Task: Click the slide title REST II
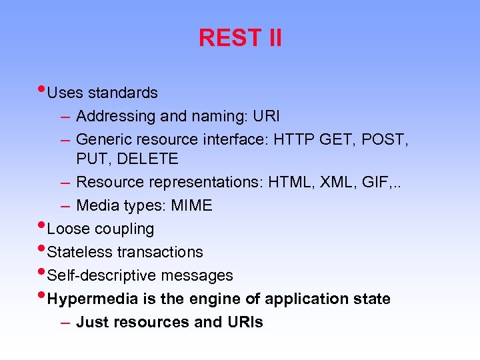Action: click(x=240, y=38)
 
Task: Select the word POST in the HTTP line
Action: click(x=385, y=139)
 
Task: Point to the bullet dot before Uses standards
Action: click(x=43, y=89)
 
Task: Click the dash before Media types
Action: click(x=65, y=206)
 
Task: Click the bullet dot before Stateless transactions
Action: click(x=43, y=248)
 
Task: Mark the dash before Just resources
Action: click(x=65, y=322)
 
